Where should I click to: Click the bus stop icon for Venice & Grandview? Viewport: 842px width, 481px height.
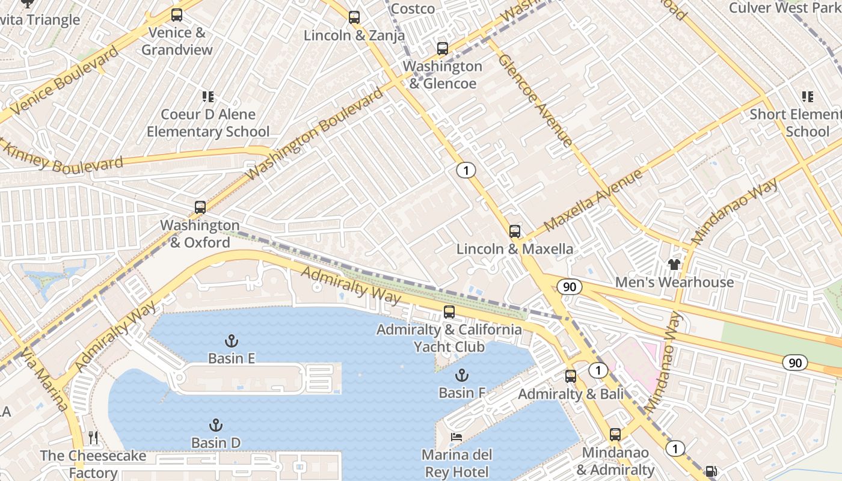[x=177, y=15]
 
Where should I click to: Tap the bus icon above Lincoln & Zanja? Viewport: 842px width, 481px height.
[x=354, y=17]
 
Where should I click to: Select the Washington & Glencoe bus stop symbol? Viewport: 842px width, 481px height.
[x=443, y=49]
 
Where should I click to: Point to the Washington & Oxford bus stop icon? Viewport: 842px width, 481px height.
[x=200, y=207]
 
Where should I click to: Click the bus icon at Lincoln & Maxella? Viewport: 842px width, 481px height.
[x=515, y=231]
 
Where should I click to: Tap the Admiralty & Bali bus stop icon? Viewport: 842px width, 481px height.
[x=571, y=376]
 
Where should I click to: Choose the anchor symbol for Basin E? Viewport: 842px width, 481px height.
[x=231, y=341]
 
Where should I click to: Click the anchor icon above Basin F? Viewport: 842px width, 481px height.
[x=461, y=376]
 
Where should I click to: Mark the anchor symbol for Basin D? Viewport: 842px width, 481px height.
[x=215, y=426]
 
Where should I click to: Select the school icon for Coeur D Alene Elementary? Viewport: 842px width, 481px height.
[x=208, y=97]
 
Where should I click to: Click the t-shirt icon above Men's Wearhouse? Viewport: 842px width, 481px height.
[x=674, y=265]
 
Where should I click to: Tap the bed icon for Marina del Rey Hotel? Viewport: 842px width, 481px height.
[x=457, y=437]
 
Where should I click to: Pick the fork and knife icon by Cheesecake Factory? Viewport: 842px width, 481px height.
[x=93, y=437]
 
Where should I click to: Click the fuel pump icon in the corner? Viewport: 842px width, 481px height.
[x=711, y=471]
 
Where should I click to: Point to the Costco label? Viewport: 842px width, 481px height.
[x=413, y=8]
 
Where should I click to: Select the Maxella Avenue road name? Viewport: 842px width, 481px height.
[x=593, y=200]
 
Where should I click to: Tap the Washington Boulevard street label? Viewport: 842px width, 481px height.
[x=315, y=133]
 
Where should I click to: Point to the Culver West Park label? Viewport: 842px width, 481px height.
[x=784, y=8]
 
